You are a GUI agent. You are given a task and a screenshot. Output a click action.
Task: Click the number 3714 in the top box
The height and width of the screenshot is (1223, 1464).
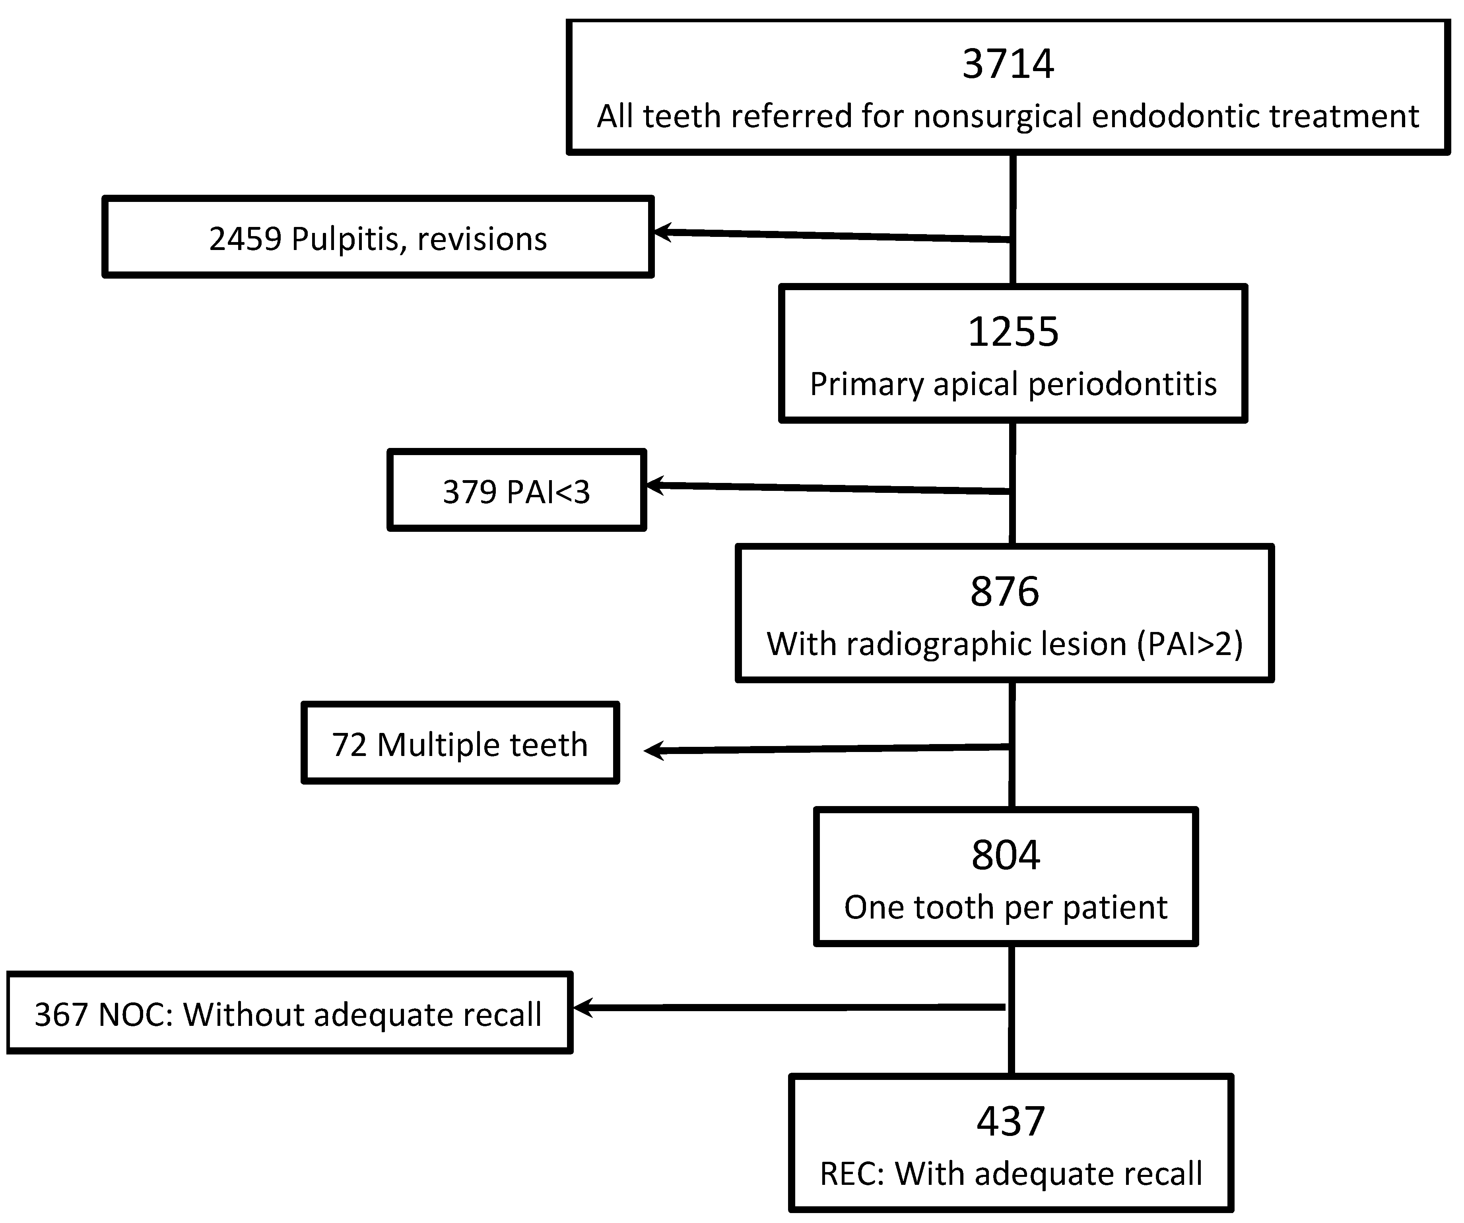(x=1008, y=64)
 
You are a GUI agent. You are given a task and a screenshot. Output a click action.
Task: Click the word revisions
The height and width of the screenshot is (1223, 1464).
(x=482, y=239)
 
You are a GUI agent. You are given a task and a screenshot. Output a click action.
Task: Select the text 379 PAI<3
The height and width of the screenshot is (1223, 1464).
(x=516, y=492)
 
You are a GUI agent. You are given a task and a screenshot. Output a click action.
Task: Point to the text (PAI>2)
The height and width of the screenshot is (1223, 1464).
(x=1190, y=644)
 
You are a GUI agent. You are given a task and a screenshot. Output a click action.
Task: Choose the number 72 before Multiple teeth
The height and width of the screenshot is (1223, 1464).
(x=349, y=745)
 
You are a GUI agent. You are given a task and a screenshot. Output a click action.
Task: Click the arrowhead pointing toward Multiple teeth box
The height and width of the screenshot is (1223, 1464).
(x=652, y=750)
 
